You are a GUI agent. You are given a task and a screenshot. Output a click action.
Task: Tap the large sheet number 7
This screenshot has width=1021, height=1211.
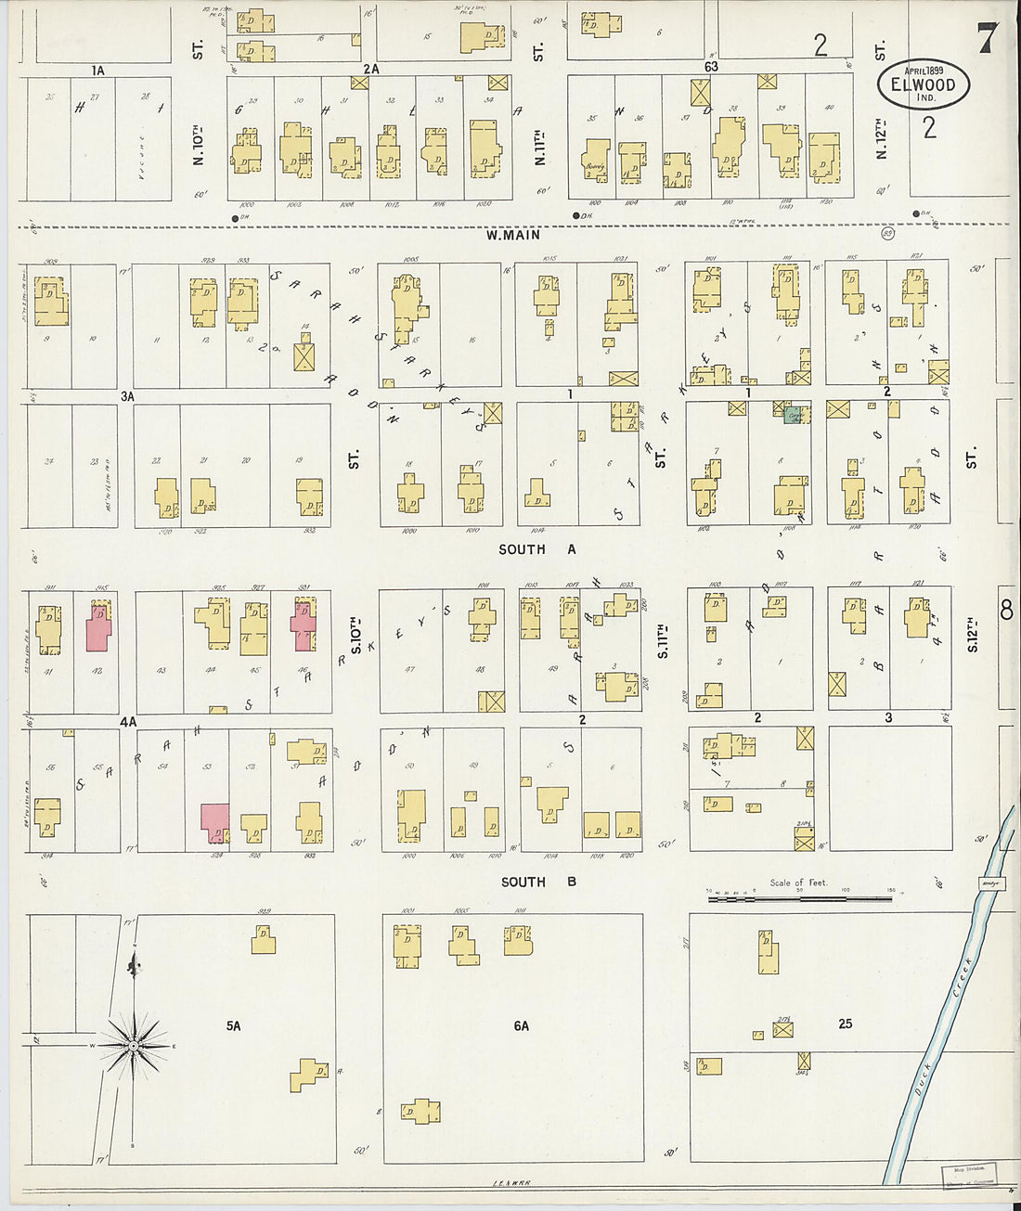tap(986, 38)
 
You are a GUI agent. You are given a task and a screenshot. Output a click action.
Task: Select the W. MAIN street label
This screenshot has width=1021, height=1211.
tap(512, 236)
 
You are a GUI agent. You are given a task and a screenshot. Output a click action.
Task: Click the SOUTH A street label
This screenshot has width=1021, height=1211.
tap(536, 549)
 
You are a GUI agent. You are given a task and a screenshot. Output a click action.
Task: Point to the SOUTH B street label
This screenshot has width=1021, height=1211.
tap(537, 882)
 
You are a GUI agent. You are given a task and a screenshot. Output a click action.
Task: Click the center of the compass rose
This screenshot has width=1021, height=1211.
tap(135, 1046)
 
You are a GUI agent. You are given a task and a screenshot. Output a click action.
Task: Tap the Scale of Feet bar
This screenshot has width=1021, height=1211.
tap(799, 898)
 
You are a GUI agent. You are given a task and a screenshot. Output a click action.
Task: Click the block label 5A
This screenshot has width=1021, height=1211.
tap(233, 1025)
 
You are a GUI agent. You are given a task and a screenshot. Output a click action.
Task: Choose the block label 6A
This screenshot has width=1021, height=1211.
tap(521, 1025)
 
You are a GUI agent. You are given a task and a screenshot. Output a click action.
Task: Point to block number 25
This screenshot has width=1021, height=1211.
tap(845, 1024)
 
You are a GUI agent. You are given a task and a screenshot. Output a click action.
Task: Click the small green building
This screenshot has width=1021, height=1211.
tap(793, 416)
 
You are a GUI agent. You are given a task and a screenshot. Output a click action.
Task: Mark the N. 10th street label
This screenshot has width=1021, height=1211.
tap(198, 144)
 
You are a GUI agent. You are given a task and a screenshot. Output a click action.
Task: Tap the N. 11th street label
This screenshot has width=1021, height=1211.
tap(539, 147)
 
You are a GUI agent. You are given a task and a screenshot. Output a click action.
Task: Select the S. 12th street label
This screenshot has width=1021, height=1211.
tap(972, 634)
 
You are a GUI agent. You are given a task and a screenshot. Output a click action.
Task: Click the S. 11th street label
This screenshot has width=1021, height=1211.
tap(662, 640)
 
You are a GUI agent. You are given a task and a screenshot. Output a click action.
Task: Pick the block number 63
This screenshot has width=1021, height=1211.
tap(711, 67)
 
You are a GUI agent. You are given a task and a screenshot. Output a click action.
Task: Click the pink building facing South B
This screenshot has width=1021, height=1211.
tap(215, 821)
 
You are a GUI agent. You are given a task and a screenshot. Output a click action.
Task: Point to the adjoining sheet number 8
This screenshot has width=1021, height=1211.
tap(1006, 610)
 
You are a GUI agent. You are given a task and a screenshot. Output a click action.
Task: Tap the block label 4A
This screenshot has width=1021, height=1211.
tap(127, 721)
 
